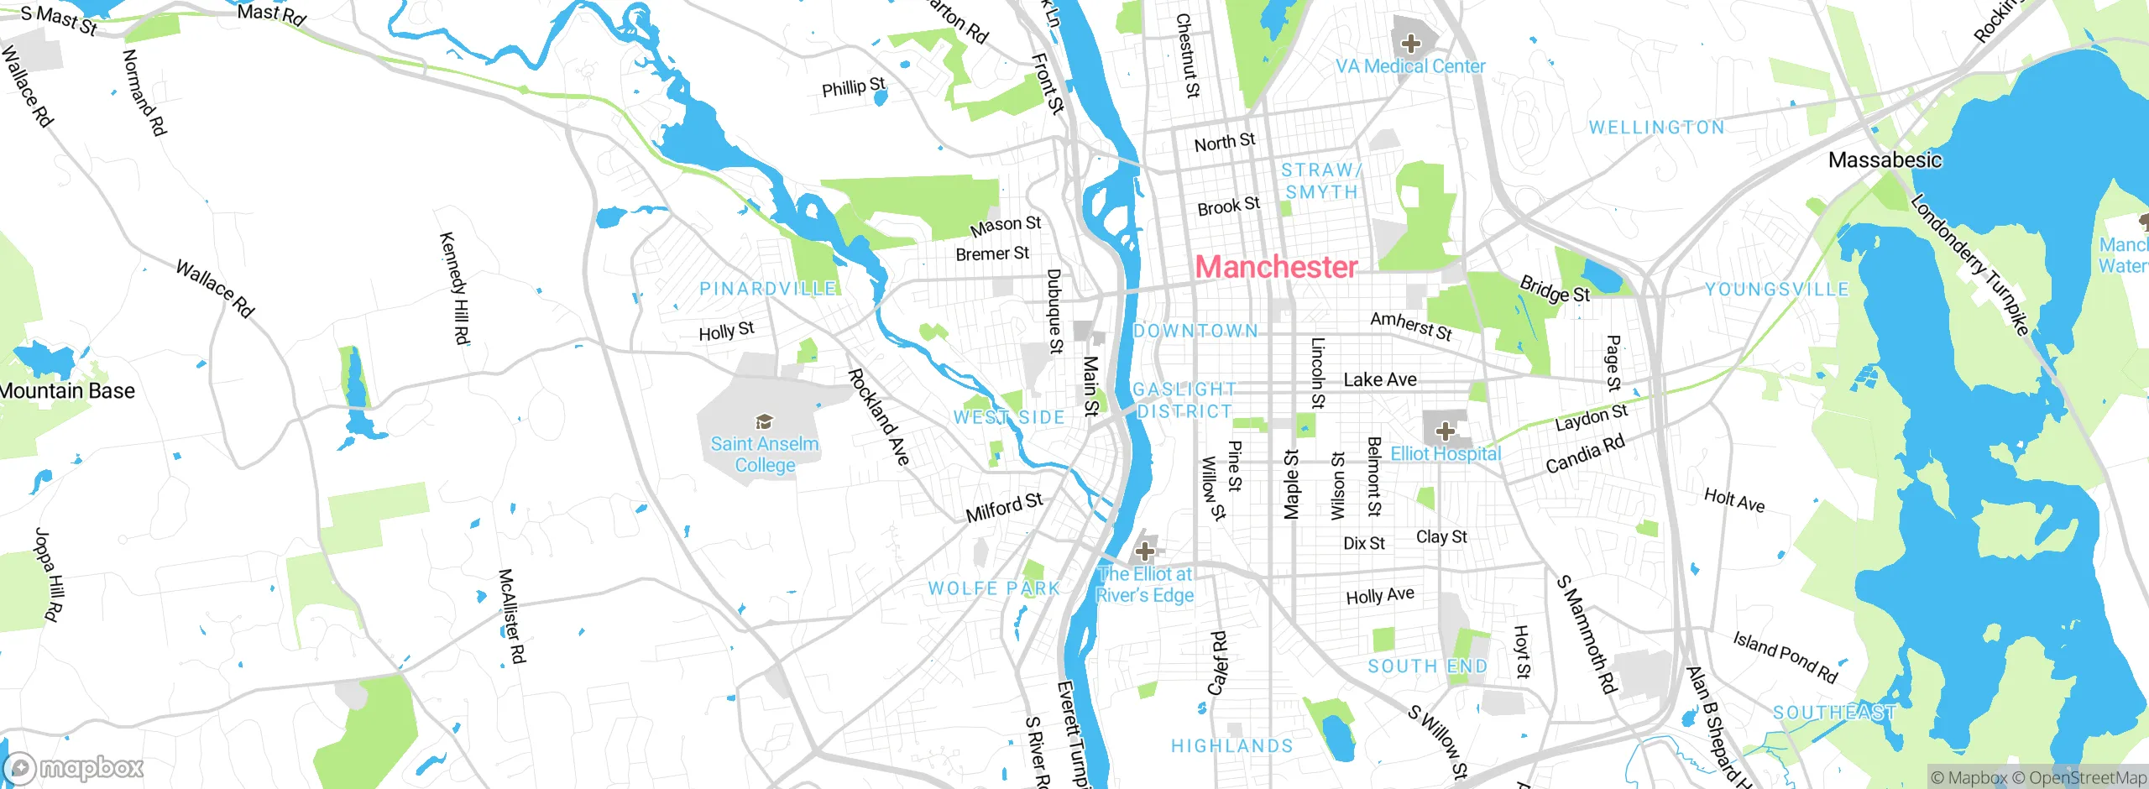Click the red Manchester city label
tap(1276, 267)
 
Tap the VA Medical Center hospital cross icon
tap(1411, 44)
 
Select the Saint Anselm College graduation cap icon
tap(764, 421)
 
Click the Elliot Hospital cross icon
tap(1445, 431)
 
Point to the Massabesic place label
tap(1885, 159)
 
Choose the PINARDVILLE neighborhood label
tap(768, 289)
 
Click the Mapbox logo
tap(74, 767)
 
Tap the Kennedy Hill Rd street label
tap(455, 288)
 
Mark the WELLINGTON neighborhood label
tap(1656, 128)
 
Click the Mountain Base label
tap(67, 391)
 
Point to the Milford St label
tap(1004, 507)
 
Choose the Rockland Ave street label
tap(878, 417)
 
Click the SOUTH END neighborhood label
tap(1427, 666)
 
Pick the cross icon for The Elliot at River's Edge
tap(1144, 551)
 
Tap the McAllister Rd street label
tap(511, 616)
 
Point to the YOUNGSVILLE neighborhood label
tap(1776, 290)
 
